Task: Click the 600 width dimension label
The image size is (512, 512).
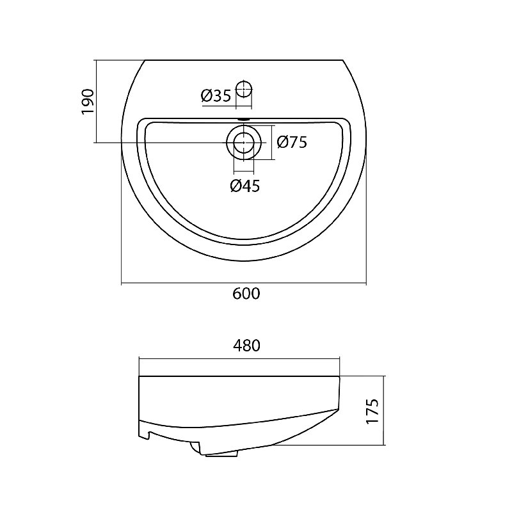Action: point(246,294)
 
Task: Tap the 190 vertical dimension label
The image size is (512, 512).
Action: point(88,102)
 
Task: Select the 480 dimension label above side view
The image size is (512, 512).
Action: point(246,346)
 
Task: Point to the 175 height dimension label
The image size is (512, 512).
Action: point(372,411)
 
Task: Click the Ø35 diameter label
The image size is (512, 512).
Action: point(216,95)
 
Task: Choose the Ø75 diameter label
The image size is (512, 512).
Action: point(292,142)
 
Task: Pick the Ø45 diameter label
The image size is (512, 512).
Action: point(245,186)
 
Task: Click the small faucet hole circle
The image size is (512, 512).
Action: point(244,88)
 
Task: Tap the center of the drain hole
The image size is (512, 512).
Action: point(244,143)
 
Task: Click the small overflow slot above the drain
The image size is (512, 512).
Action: point(244,120)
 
